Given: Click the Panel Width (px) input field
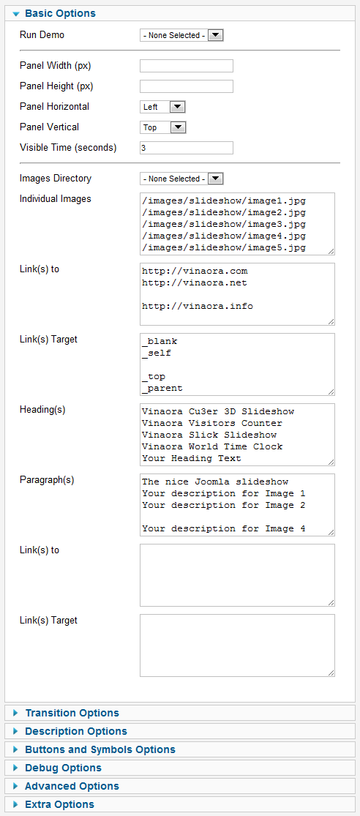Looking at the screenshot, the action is tap(187, 66).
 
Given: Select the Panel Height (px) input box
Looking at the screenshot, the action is tap(187, 86).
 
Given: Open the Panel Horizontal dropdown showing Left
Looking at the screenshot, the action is tap(163, 107).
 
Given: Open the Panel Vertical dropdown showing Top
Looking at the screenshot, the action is tap(163, 127).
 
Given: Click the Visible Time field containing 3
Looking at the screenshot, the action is tap(187, 148).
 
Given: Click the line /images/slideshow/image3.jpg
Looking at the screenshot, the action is tap(223, 224).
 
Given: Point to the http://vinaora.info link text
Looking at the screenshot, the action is tap(197, 306).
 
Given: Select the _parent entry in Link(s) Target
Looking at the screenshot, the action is tap(162, 388).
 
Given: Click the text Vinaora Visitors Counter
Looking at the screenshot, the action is tap(211, 423).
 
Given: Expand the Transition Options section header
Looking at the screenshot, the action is tap(72, 713).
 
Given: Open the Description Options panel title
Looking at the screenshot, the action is tap(76, 731).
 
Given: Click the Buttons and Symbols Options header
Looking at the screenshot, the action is tap(100, 749).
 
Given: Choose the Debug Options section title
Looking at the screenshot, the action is tap(63, 768).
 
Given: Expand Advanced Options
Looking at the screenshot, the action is tap(72, 786).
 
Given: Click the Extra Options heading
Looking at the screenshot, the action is tap(59, 804).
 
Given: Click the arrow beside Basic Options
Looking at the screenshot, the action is tap(15, 13).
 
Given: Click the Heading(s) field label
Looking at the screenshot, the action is tap(42, 410).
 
